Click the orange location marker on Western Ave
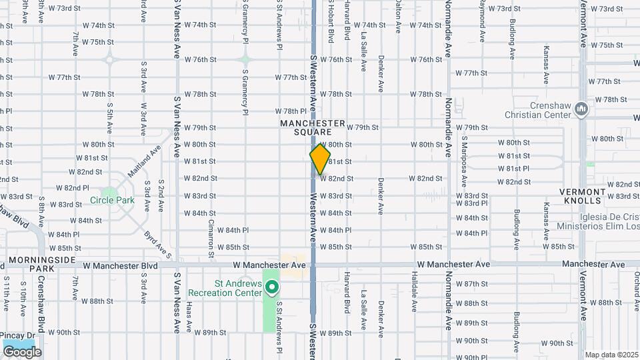320,159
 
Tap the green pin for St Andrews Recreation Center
272,288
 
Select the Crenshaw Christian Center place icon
581,108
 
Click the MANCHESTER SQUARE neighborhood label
313,127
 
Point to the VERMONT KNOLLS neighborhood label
583,196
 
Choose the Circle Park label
112,200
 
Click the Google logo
21,351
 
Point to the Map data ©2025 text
611,355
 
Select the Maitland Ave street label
145,161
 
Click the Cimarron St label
211,237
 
